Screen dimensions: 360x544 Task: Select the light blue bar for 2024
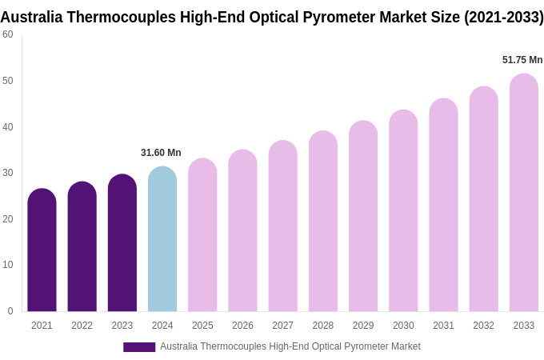coord(162,239)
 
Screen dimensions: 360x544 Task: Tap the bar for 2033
coord(524,193)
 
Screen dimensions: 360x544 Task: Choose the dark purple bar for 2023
coord(122,243)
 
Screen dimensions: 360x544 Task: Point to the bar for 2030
coord(403,211)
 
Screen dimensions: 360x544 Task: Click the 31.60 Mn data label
coord(161,153)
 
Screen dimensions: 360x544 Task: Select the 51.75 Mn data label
coord(522,60)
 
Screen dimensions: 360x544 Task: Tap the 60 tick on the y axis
coord(8,34)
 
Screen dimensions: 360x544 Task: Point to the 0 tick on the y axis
coord(10,311)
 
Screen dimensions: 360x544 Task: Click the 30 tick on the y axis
coord(8,173)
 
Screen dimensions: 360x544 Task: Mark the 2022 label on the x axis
coord(82,326)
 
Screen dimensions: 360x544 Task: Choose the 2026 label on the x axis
coord(242,326)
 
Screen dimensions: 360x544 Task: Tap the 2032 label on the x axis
coord(483,326)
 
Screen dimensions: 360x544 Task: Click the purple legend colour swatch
coord(139,347)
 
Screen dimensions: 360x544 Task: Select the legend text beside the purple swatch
coord(290,346)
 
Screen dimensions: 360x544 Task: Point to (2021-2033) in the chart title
coord(504,17)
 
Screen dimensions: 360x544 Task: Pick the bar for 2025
coord(202,235)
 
